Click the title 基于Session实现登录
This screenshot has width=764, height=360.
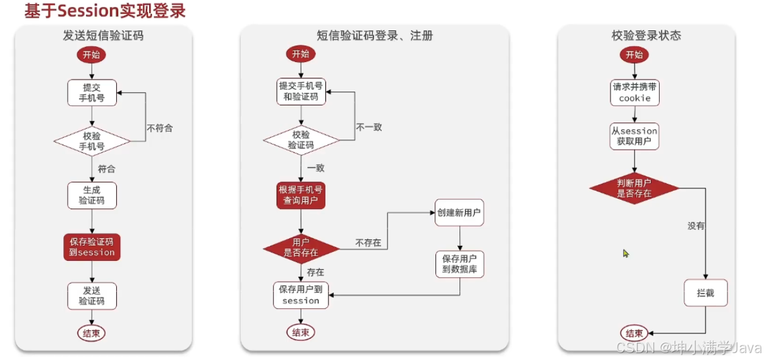pyautogui.click(x=105, y=11)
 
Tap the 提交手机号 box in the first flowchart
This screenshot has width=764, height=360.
pyautogui.click(x=92, y=93)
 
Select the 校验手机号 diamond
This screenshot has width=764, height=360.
pyautogui.click(x=92, y=141)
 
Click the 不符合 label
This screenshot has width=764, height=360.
pyautogui.click(x=159, y=128)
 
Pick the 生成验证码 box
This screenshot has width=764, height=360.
pyautogui.click(x=92, y=195)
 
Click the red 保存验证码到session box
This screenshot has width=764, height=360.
pyautogui.click(x=92, y=247)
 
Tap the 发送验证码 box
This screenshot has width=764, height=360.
pyautogui.click(x=92, y=296)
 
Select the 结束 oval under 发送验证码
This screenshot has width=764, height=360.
pyautogui.click(x=92, y=333)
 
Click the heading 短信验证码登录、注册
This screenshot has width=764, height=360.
pyautogui.click(x=375, y=35)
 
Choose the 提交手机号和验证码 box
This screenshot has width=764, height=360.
pyautogui.click(x=301, y=92)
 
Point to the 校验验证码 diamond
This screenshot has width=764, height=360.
pyautogui.click(x=301, y=140)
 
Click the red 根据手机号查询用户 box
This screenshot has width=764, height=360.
pyautogui.click(x=301, y=195)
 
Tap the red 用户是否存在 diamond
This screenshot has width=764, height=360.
pyautogui.click(x=301, y=248)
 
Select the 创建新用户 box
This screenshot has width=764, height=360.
pyautogui.click(x=459, y=213)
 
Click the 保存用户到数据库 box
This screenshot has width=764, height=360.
pyautogui.click(x=459, y=264)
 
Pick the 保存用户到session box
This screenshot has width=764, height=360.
pyautogui.click(x=301, y=295)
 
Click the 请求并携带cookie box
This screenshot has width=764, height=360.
pyautogui.click(x=634, y=92)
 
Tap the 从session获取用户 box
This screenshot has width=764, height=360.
pyautogui.click(x=634, y=136)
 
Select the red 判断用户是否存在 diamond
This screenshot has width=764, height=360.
pyautogui.click(x=634, y=188)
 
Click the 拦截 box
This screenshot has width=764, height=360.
pyautogui.click(x=705, y=293)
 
